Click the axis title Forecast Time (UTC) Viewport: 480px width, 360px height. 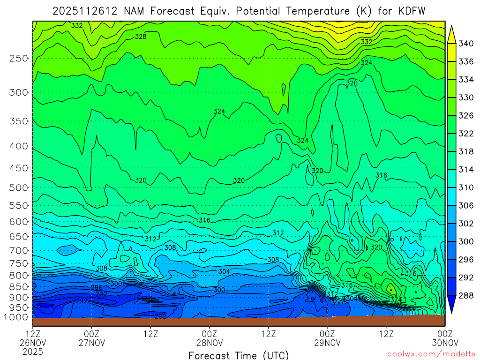[x=239, y=355]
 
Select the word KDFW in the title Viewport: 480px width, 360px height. [x=409, y=11]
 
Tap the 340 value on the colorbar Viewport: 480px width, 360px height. [x=466, y=44]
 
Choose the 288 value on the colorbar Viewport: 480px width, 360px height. [x=466, y=295]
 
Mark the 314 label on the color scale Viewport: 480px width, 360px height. [x=466, y=169]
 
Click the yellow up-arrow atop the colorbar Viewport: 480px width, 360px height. [x=452, y=34]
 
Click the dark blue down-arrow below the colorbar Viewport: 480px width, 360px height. [x=452, y=304]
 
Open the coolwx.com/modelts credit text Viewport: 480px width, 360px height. [x=431, y=354]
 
